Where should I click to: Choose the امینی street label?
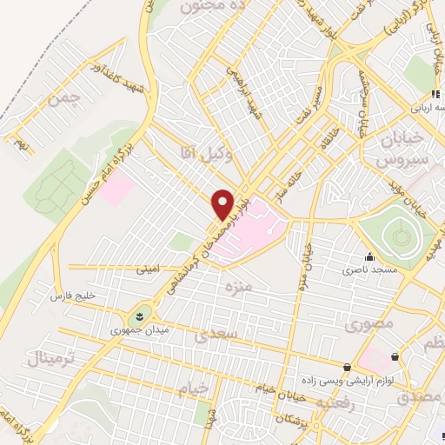148,269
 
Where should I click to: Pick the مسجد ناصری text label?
385,271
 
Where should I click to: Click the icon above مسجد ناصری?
371,256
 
